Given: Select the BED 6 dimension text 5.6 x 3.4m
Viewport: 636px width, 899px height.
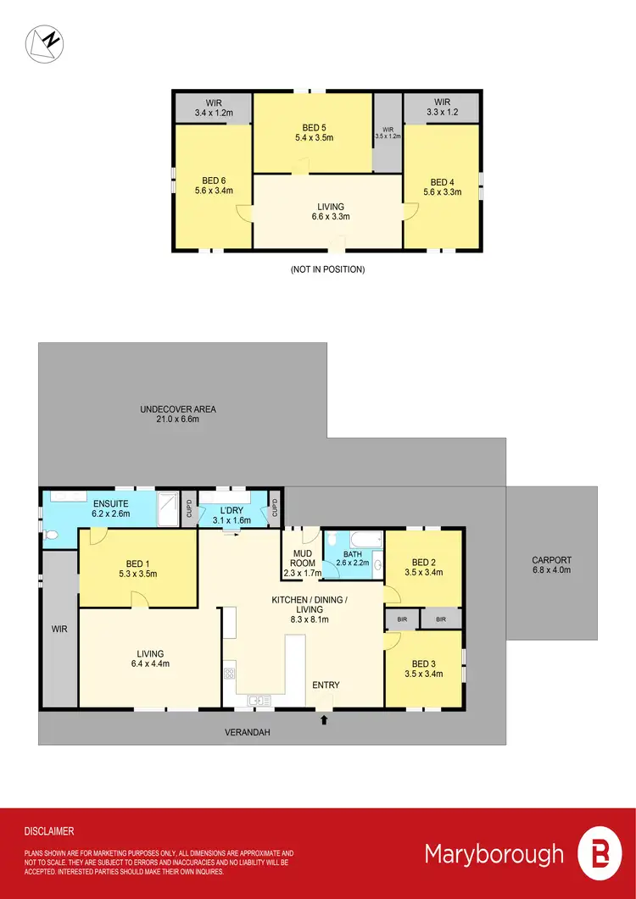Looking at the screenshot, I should pyautogui.click(x=211, y=191).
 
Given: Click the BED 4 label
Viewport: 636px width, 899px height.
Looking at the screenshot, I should pyautogui.click(x=442, y=182).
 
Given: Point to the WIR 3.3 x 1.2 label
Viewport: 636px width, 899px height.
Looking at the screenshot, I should pyautogui.click(x=442, y=111).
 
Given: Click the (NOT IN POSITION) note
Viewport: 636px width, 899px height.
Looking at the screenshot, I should pyautogui.click(x=326, y=269).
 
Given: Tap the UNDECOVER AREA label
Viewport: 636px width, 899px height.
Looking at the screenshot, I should pyautogui.click(x=178, y=409).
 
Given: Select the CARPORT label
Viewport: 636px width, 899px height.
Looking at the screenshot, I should pyautogui.click(x=552, y=560).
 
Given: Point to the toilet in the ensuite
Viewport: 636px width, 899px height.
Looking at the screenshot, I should pyautogui.click(x=51, y=536).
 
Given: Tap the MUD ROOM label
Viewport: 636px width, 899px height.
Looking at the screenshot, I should pyautogui.click(x=302, y=558).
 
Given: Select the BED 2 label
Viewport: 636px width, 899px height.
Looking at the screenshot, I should pyautogui.click(x=423, y=562).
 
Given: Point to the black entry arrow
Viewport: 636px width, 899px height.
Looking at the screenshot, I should pyautogui.click(x=323, y=720).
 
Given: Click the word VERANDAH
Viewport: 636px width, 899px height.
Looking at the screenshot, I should pyautogui.click(x=247, y=732).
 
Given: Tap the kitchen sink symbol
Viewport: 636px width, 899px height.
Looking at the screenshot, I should pyautogui.click(x=258, y=700).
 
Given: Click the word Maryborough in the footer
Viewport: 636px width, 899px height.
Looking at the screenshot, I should pyautogui.click(x=494, y=853).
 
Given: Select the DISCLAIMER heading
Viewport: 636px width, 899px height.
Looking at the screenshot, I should pyautogui.click(x=49, y=832).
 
